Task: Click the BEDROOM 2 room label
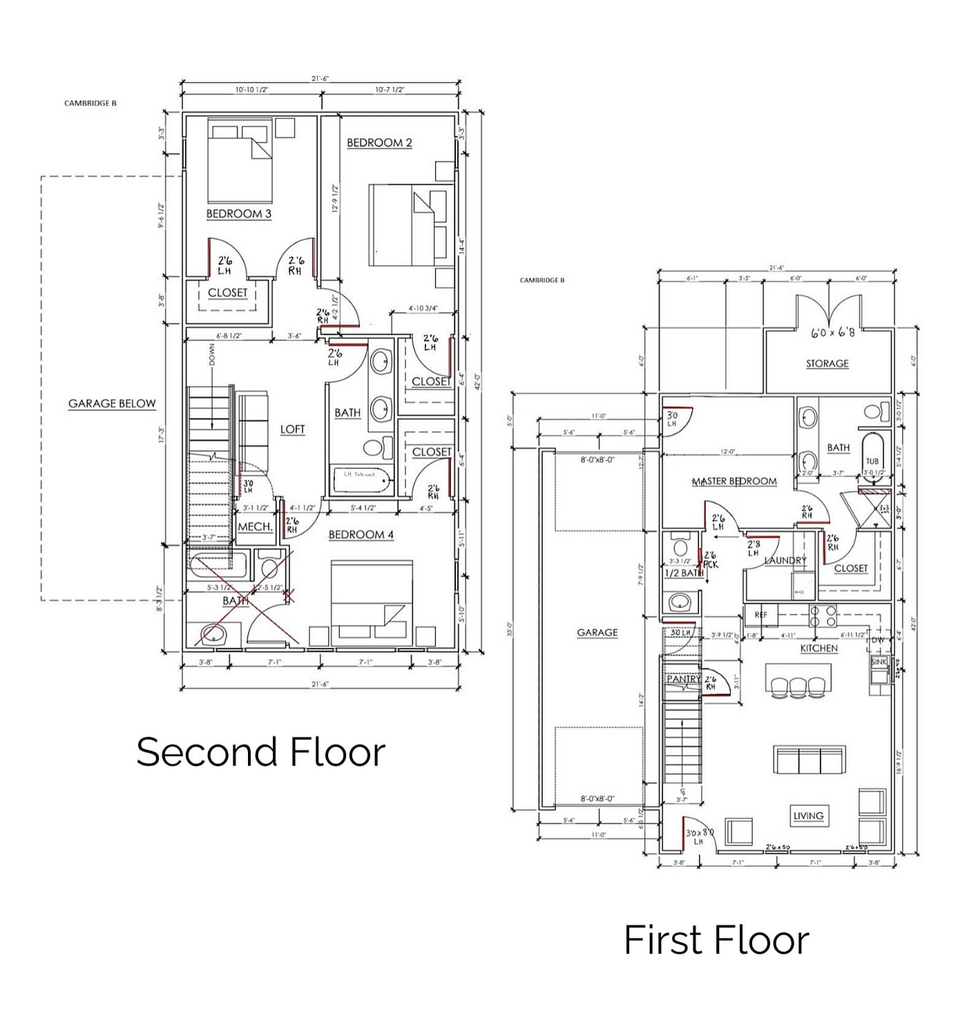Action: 379,143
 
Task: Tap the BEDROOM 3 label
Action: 238,214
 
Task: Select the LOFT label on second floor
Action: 292,430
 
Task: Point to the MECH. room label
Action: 254,527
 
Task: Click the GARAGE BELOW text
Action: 112,404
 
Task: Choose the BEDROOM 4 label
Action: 361,535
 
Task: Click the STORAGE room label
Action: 827,363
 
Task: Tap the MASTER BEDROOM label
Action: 734,481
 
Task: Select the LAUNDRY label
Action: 785,560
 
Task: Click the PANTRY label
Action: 682,680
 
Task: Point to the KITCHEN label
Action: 818,649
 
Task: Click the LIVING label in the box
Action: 808,816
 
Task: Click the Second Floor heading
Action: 260,752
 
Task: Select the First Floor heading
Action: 716,940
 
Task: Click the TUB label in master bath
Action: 872,461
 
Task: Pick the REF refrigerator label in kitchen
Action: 760,615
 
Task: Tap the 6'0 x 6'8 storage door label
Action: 832,332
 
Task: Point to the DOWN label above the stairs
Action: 212,355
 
